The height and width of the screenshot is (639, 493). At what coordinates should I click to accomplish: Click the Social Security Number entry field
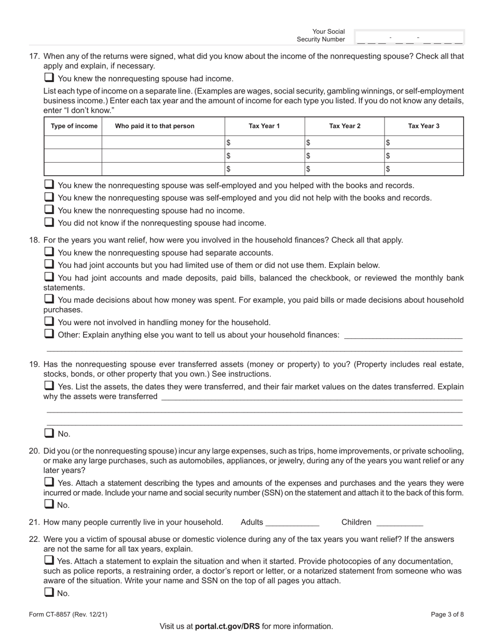tap(409, 37)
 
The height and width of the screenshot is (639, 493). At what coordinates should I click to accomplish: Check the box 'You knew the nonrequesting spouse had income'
tap(49, 78)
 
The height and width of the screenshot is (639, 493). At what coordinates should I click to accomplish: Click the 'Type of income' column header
tap(73, 126)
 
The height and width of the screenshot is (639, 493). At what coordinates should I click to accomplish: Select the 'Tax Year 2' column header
tap(344, 126)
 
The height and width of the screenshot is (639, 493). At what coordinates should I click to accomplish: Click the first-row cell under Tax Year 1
tap(264, 142)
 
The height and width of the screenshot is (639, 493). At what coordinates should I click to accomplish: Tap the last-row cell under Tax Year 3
tap(423, 169)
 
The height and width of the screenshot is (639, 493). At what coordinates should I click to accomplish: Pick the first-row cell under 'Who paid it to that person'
tap(163, 142)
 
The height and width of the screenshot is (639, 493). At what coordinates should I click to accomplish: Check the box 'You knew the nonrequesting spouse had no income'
tap(49, 210)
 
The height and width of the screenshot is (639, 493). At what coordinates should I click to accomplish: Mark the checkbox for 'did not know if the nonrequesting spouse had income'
tap(49, 222)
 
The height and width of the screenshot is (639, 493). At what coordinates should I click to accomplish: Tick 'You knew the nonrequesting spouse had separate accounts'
tap(49, 252)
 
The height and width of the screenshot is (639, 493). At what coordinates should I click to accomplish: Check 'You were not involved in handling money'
tap(49, 322)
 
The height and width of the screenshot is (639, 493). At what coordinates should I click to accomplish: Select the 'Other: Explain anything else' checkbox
tap(49, 334)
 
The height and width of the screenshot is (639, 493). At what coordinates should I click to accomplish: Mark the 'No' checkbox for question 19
tap(49, 433)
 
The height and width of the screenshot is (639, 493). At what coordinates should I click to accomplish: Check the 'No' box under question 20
tap(49, 504)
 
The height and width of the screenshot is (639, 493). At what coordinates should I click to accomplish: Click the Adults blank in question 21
tap(292, 523)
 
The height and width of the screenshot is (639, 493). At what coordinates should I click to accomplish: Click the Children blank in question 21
tap(399, 523)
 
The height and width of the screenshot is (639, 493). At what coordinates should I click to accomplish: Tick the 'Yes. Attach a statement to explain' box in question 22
tap(49, 561)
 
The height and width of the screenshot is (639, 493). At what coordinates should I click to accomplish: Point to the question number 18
tap(34, 240)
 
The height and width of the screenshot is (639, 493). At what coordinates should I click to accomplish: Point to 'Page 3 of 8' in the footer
tap(447, 615)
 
